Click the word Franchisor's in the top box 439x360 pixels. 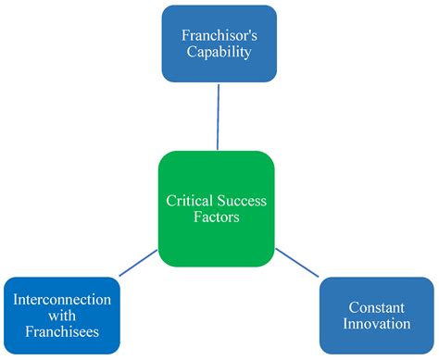click(x=219, y=35)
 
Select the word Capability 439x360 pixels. click(x=219, y=53)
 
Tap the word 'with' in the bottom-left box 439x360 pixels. click(x=63, y=316)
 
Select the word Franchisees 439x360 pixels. click(x=63, y=332)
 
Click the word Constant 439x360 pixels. click(x=378, y=307)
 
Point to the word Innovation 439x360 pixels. click(x=378, y=324)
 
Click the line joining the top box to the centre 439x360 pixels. click(x=218, y=116)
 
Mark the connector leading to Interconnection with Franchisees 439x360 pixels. click(x=138, y=261)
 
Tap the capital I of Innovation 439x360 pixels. click(x=348, y=324)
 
